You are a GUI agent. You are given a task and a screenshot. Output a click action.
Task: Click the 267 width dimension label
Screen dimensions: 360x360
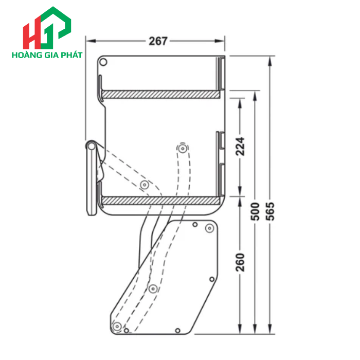(158, 41)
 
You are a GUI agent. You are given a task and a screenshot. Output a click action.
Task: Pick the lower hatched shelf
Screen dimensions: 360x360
(160, 200)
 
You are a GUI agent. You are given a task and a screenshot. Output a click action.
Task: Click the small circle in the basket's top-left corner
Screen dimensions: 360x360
(103, 63)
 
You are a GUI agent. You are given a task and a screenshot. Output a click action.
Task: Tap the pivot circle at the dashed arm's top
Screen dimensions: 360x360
(183, 149)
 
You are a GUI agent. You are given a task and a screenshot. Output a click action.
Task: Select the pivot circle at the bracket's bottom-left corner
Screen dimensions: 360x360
(117, 326)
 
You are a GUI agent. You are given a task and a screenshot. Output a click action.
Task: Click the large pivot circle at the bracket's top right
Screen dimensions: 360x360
(209, 228)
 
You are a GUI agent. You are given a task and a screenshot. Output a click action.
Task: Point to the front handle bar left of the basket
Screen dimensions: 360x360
(92, 177)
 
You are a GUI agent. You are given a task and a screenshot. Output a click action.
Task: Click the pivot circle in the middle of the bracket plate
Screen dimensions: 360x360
(153, 289)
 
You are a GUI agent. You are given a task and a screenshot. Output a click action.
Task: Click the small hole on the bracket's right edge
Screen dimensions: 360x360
(211, 279)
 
